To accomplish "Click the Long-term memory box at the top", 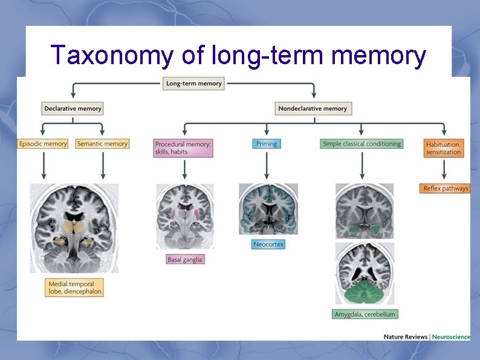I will click(193, 83).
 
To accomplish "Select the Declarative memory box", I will click(73, 108).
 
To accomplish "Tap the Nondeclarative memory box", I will click(313, 108).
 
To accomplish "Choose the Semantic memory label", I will click(102, 144).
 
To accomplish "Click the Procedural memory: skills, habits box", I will click(183, 148).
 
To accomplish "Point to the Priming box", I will click(266, 144).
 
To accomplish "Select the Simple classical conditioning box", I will click(362, 144).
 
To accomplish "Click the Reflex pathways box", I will click(445, 188).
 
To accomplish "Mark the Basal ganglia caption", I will click(185, 259).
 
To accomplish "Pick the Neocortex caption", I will click(268, 244).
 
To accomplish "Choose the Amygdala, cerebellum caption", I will click(366, 314).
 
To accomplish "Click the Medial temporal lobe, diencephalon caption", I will click(74, 287).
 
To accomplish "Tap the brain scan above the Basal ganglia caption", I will click(184, 217).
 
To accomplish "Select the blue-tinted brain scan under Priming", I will click(268, 209).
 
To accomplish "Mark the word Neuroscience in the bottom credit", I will click(452, 336).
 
